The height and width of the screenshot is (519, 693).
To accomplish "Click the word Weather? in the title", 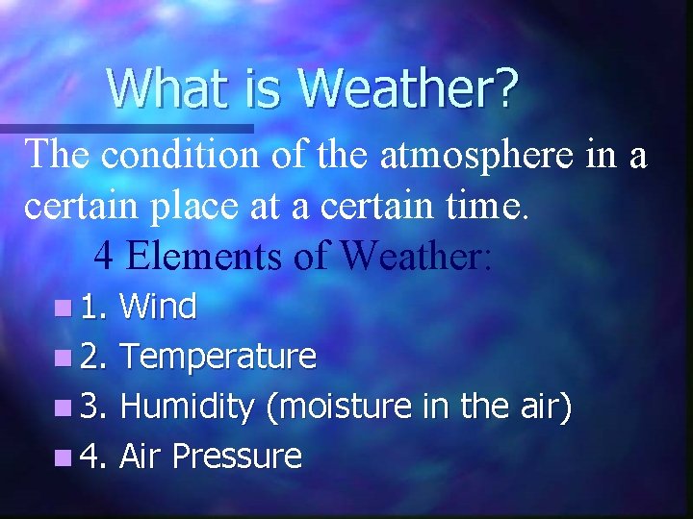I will [x=408, y=87].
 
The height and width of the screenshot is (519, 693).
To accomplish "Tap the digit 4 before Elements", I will [x=104, y=255].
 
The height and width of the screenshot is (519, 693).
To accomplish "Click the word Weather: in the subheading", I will [x=417, y=255].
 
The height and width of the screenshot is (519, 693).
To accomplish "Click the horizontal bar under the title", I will [x=125, y=127].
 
